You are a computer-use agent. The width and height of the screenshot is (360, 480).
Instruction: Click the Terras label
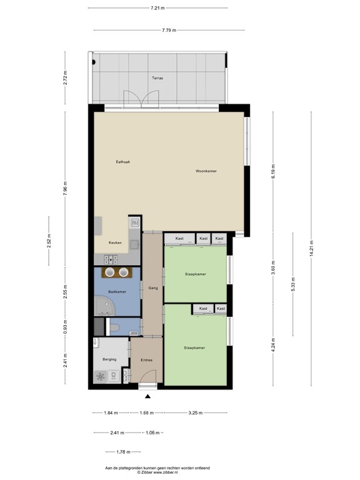coord(157,78)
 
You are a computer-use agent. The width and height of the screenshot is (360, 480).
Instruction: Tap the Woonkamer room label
coord(206,171)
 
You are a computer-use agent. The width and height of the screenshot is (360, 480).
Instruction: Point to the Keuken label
coord(115,242)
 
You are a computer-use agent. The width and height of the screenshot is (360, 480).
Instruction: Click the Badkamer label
coord(117,292)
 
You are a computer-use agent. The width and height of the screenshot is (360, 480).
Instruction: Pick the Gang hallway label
coord(152,288)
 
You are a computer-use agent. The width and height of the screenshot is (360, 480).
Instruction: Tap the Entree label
coord(146,360)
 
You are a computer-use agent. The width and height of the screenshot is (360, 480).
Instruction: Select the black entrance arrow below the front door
coord(147,396)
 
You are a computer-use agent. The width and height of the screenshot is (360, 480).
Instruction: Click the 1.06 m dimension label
coord(150,432)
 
